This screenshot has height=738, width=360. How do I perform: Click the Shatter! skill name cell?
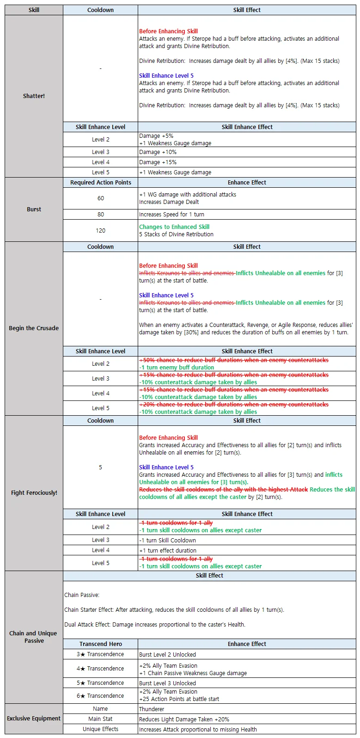[x=34, y=96]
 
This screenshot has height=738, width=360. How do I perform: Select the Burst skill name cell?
[x=34, y=209]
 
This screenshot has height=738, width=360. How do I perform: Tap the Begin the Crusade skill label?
[x=34, y=328]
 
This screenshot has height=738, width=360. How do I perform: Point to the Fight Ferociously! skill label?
[x=34, y=492]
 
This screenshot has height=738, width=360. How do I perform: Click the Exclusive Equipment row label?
[x=34, y=718]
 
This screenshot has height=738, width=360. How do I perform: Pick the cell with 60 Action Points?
[x=100, y=198]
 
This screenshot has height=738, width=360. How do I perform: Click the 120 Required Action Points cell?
[x=100, y=230]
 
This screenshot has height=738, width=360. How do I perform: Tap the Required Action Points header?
[x=100, y=182]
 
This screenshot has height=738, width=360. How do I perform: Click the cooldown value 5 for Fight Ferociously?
[x=100, y=467]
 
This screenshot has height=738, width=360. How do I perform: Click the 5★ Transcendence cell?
[x=100, y=683]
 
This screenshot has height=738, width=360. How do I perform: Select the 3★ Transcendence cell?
[x=100, y=654]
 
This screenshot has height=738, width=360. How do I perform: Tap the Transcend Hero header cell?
[x=100, y=644]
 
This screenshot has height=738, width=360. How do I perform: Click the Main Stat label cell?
[x=100, y=719]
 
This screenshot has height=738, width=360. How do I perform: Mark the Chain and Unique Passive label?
[x=34, y=637]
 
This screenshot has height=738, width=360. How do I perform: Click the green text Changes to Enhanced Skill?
[x=174, y=227]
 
